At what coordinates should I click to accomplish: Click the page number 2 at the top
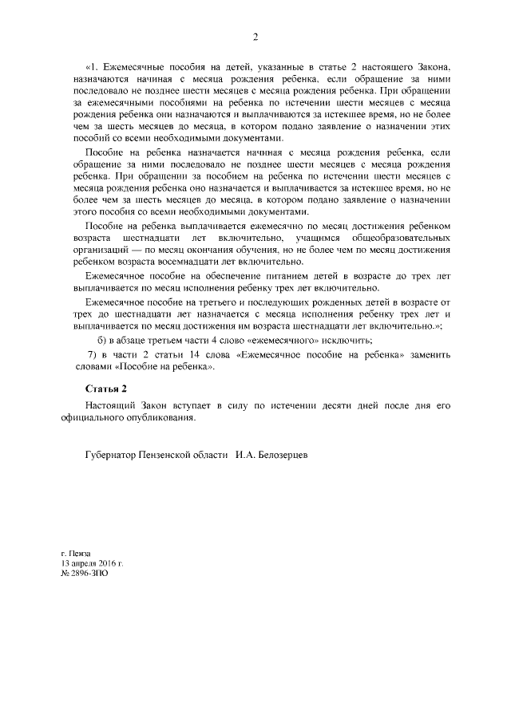[x=255, y=37]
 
